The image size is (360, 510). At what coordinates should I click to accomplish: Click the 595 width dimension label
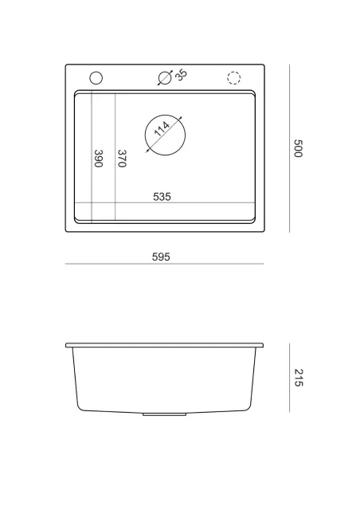coord(161,257)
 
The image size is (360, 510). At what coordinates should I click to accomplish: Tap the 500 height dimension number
coord(298,148)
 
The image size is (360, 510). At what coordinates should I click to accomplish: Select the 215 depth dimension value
coord(298,378)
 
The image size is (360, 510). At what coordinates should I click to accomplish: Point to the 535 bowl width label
coord(162,197)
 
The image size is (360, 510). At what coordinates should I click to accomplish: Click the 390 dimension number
coord(98,159)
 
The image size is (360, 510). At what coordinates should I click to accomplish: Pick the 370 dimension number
coord(122,159)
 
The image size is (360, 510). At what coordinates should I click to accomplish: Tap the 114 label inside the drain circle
coord(162,129)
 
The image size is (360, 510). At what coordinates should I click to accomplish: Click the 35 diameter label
coord(181,74)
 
